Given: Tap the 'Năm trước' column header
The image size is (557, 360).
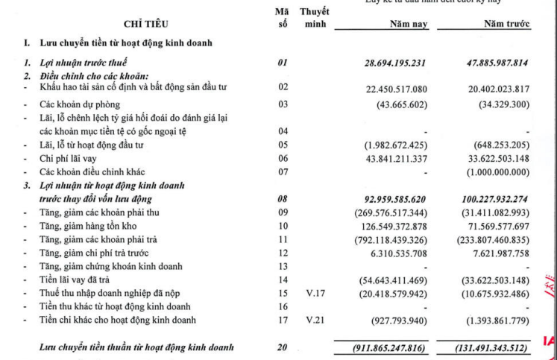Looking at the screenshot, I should click(506, 25).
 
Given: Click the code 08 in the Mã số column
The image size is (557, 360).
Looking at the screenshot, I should click(282, 199).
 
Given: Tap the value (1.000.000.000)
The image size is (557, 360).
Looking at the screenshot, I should click(500, 172).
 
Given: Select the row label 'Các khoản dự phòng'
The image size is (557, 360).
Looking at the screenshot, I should click(80, 104).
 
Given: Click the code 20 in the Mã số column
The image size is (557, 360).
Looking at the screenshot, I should click(282, 347).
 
